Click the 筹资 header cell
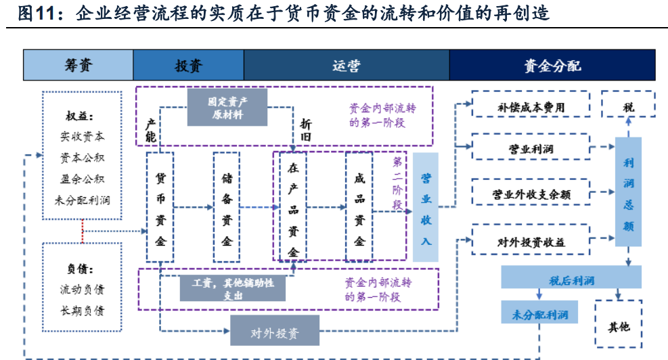point(79,65)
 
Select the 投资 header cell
point(188,65)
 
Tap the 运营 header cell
point(347,65)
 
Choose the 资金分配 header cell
point(552,65)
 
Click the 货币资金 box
point(160,207)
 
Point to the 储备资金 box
point(227,207)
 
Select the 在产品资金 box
point(293,207)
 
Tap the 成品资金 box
point(359,207)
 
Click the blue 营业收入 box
point(426,207)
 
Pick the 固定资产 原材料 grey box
point(227,108)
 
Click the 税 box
point(629,108)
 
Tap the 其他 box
point(618,326)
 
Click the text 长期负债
point(82,311)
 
